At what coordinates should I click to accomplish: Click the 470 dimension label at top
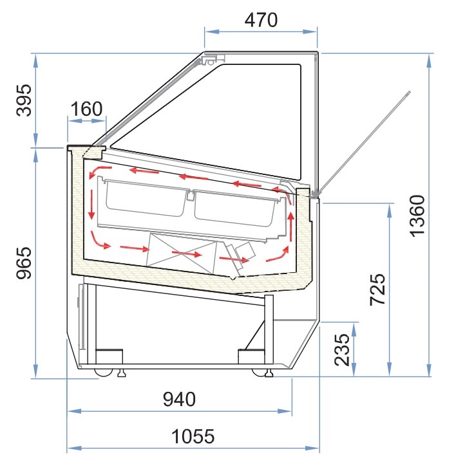click(x=261, y=20)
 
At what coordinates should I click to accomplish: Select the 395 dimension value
click(x=24, y=100)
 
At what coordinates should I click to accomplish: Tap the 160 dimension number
click(x=86, y=109)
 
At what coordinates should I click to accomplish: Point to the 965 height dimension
click(x=24, y=263)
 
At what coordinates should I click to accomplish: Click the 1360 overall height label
click(x=418, y=216)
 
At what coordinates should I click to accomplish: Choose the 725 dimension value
click(x=377, y=290)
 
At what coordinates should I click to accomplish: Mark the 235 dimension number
click(x=343, y=349)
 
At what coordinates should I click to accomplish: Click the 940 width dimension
click(x=179, y=399)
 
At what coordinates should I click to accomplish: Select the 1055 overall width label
click(x=193, y=436)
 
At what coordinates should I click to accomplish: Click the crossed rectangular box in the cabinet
click(x=181, y=254)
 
